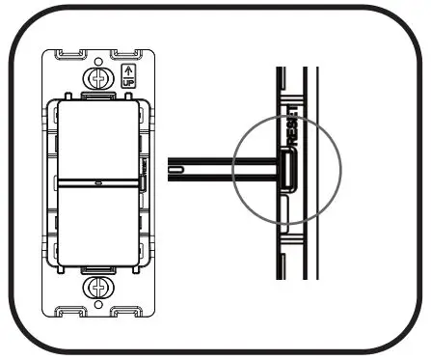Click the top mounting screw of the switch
point(97,74)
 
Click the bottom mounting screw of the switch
point(97,287)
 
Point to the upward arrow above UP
point(130,69)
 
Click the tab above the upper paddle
point(97,96)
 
